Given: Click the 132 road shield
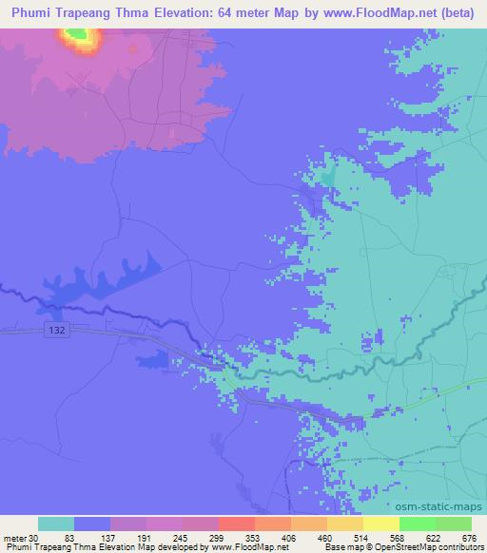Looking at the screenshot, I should coord(55,330).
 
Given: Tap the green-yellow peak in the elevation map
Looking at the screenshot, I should coord(79,37).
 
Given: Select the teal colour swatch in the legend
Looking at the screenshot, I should coord(56,524).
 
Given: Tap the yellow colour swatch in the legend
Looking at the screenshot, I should coord(380,524).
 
